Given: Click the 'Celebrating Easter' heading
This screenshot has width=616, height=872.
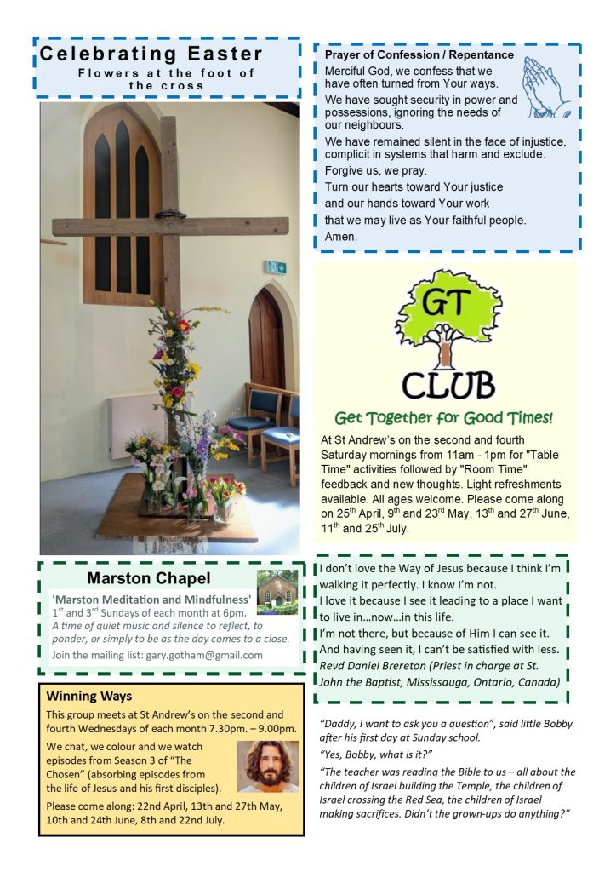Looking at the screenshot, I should (x=151, y=54).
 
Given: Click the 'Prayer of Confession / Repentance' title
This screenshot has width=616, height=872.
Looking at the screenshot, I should (x=419, y=54).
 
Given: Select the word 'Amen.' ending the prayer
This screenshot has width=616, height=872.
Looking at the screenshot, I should (x=341, y=236).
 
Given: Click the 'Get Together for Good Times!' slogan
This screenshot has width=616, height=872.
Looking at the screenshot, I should (x=443, y=418).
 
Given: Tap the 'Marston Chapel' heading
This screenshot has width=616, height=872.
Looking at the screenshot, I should (x=148, y=579).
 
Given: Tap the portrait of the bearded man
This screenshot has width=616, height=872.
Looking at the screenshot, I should (x=268, y=766).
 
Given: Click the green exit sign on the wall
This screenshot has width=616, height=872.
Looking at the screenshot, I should (x=275, y=267).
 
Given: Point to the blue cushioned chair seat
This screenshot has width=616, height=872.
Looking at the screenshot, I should (x=248, y=423).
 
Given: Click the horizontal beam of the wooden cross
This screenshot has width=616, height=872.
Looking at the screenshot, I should (x=170, y=227).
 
